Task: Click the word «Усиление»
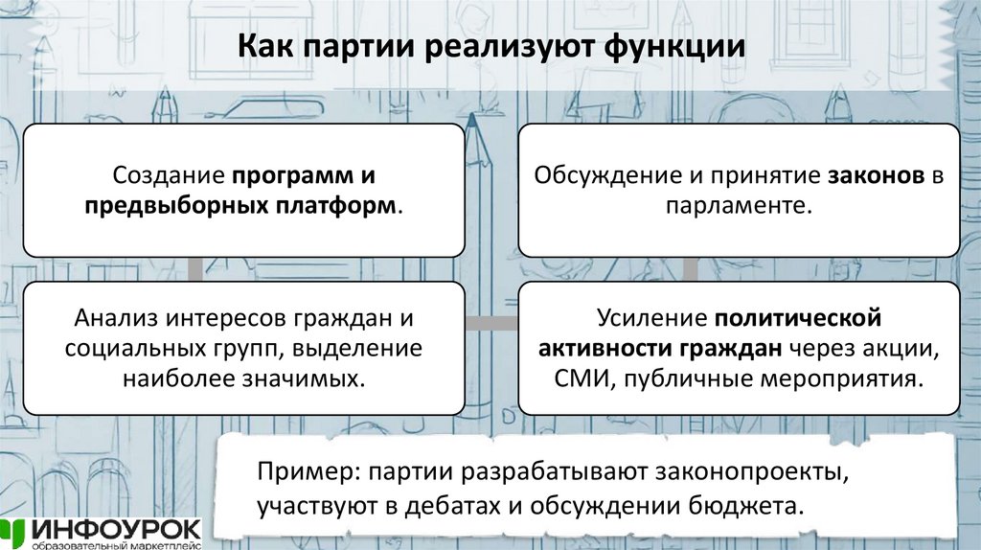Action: [x=651, y=318]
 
